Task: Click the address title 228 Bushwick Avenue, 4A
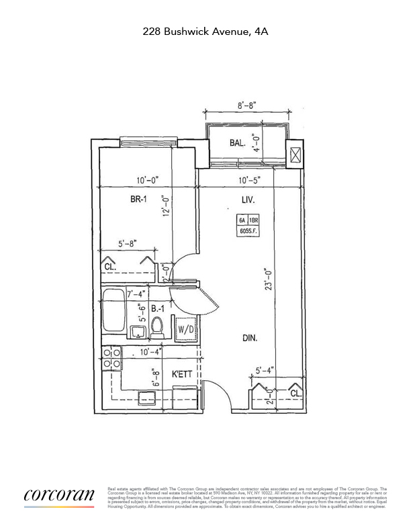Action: click(x=205, y=31)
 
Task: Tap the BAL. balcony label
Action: click(x=237, y=142)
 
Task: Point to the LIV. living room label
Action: click(x=248, y=199)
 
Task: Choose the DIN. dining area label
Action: click(x=250, y=339)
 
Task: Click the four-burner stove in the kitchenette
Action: click(x=111, y=358)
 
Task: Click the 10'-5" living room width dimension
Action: click(x=248, y=181)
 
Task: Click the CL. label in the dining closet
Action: click(x=295, y=393)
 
